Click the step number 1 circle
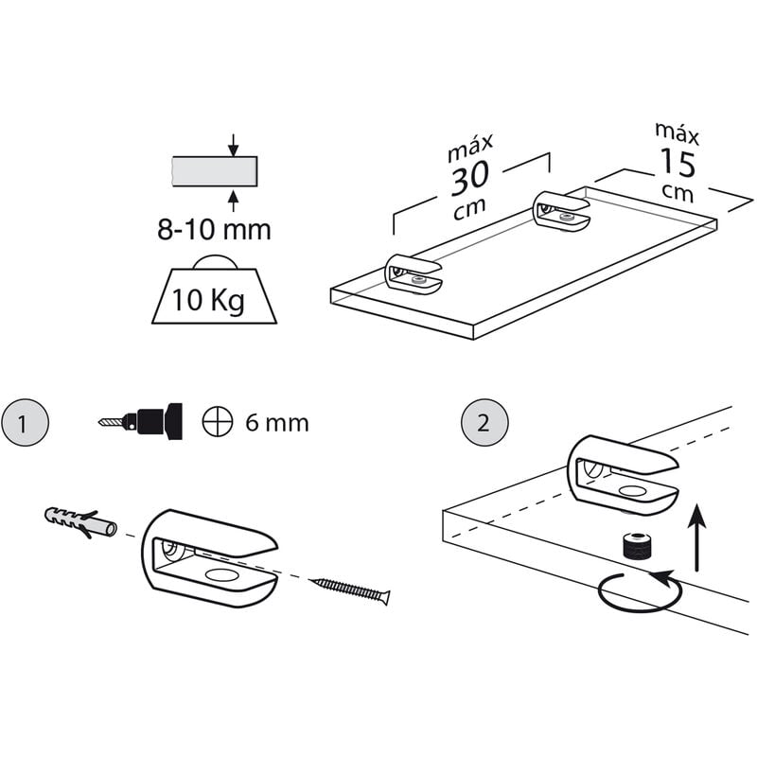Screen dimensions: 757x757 [x=26, y=422]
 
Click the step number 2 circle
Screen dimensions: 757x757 [x=484, y=422]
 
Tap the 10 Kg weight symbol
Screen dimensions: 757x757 [x=214, y=290]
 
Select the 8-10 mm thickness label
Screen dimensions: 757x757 [x=214, y=230]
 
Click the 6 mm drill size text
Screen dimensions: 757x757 [x=276, y=423]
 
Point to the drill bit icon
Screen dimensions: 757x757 [x=140, y=421]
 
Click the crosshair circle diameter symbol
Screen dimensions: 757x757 [x=218, y=421]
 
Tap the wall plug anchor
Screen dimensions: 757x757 [x=80, y=522]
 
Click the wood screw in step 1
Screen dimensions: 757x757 [x=349, y=590]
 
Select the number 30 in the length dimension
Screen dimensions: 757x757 [x=469, y=178]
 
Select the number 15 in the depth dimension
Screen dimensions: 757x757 [x=678, y=163]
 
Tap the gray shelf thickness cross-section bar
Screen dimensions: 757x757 [x=215, y=171]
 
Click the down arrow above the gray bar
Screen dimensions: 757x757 [x=233, y=145]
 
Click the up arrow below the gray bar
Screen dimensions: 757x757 [x=233, y=201]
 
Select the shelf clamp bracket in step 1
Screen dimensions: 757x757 [x=209, y=557]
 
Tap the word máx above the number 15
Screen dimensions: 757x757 [x=677, y=133]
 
